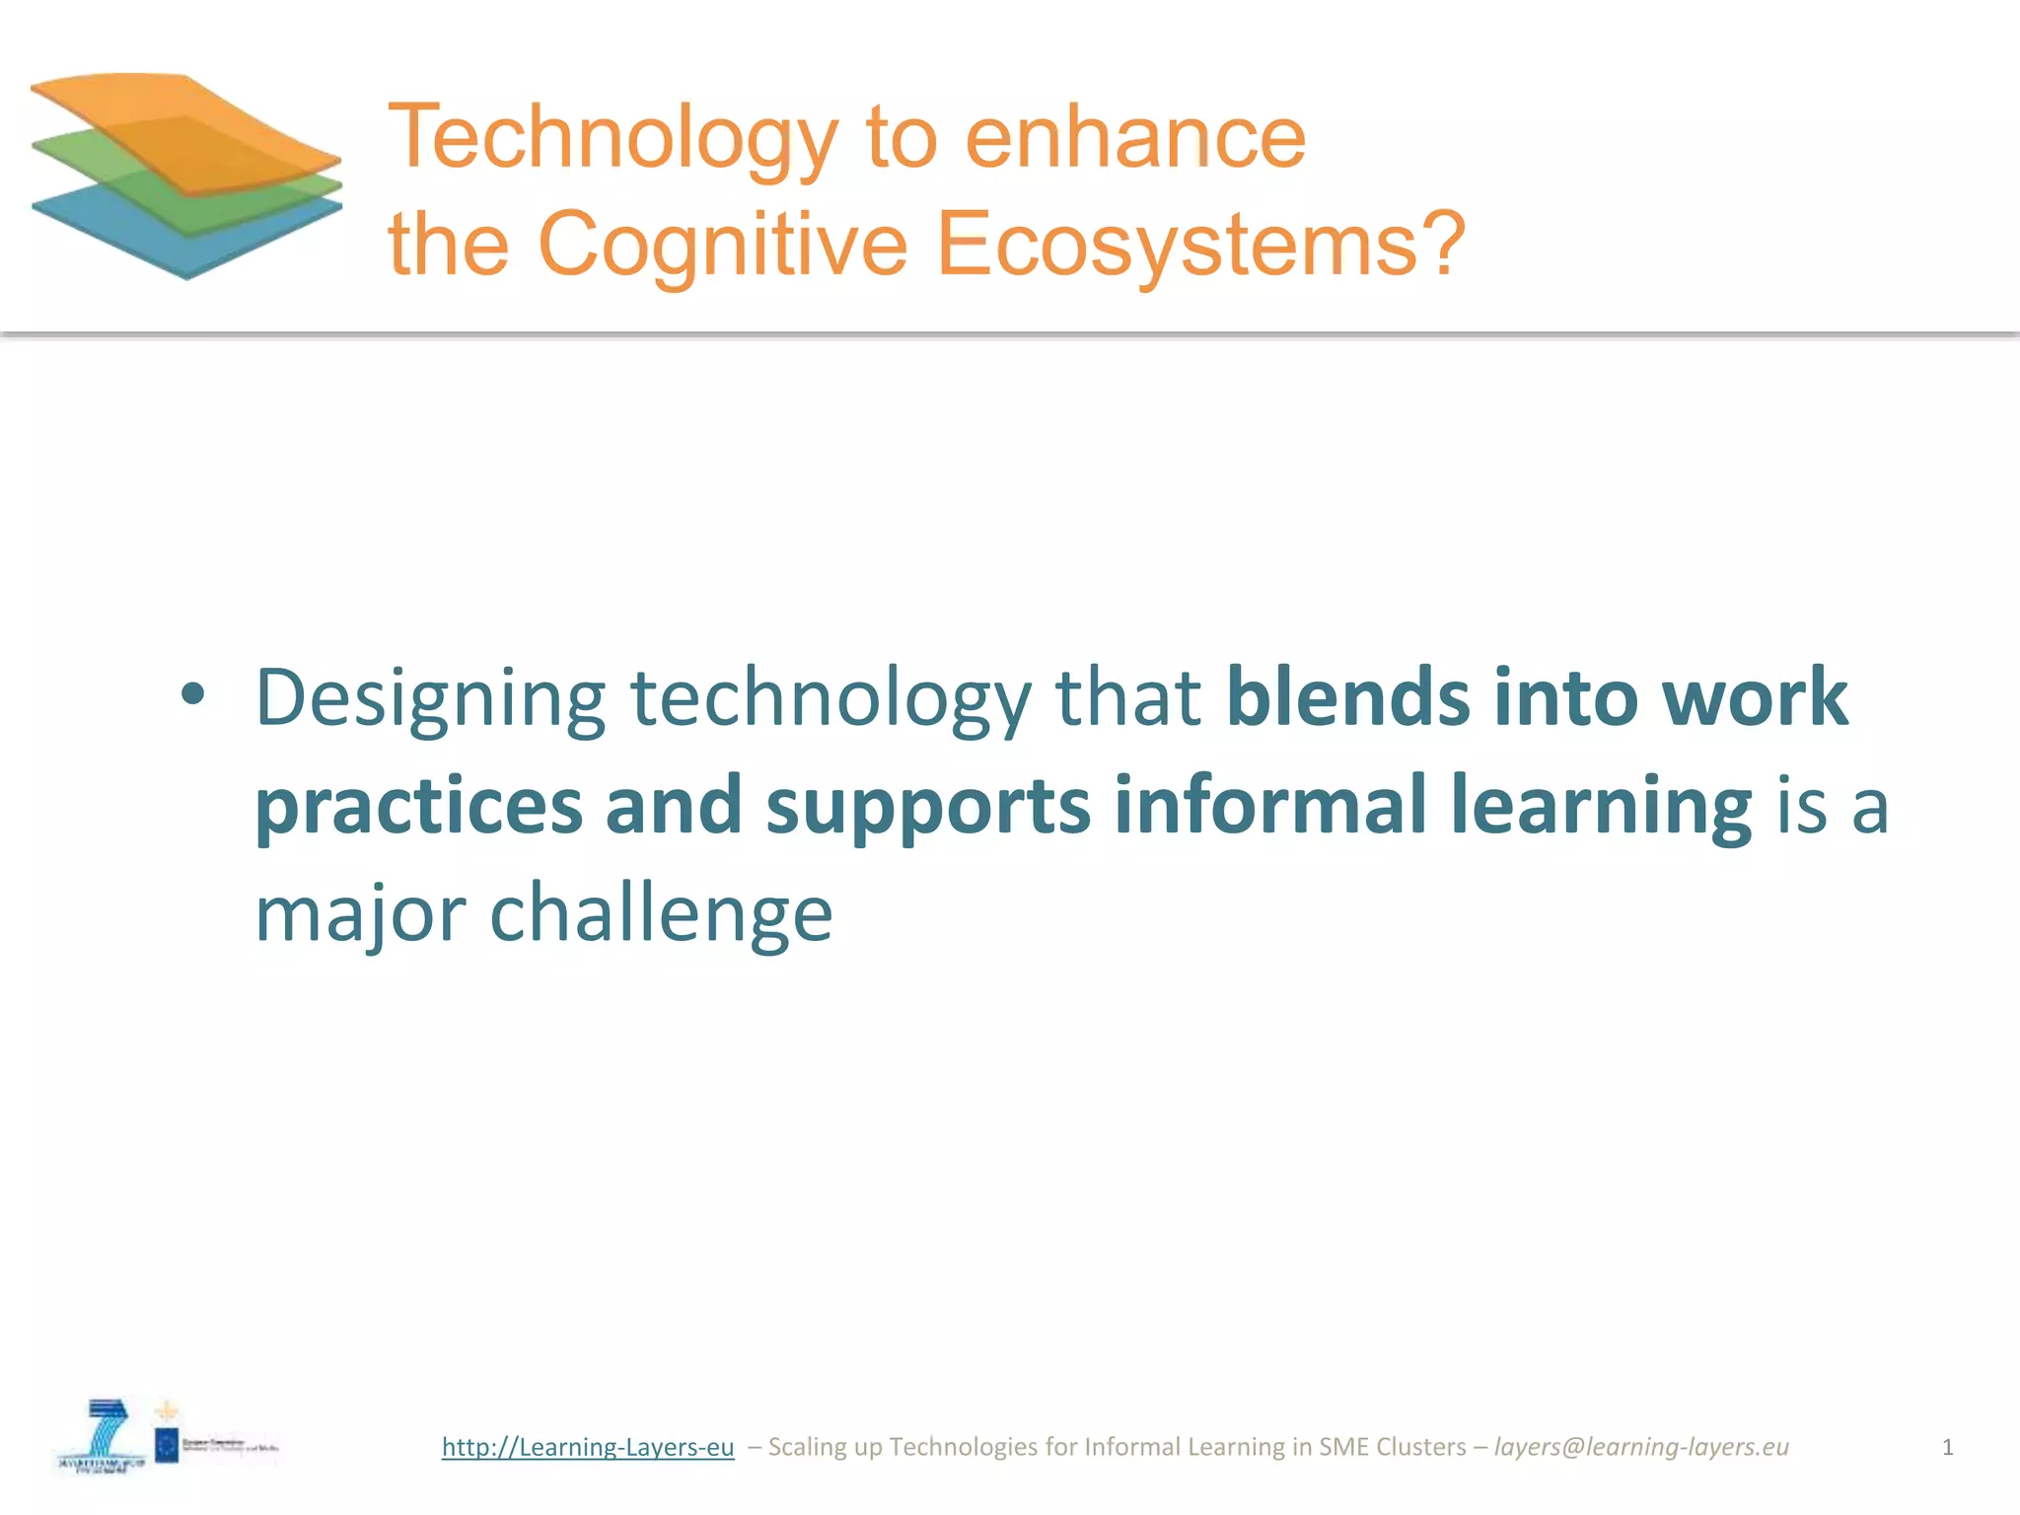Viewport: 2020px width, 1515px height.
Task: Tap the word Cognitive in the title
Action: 722,245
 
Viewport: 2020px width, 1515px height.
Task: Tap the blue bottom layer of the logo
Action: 187,247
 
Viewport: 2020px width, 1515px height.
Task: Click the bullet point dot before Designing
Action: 193,694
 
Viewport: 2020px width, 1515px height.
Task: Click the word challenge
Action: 661,913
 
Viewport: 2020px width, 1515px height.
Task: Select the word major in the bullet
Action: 360,913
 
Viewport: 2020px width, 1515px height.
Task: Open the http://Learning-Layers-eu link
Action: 588,1447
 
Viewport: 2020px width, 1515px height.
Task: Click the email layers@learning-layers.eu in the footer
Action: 1641,1447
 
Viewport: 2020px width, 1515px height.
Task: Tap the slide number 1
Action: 1947,1447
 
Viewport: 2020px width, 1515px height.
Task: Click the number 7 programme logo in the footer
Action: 104,1435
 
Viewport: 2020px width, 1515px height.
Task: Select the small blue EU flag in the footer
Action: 167,1446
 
